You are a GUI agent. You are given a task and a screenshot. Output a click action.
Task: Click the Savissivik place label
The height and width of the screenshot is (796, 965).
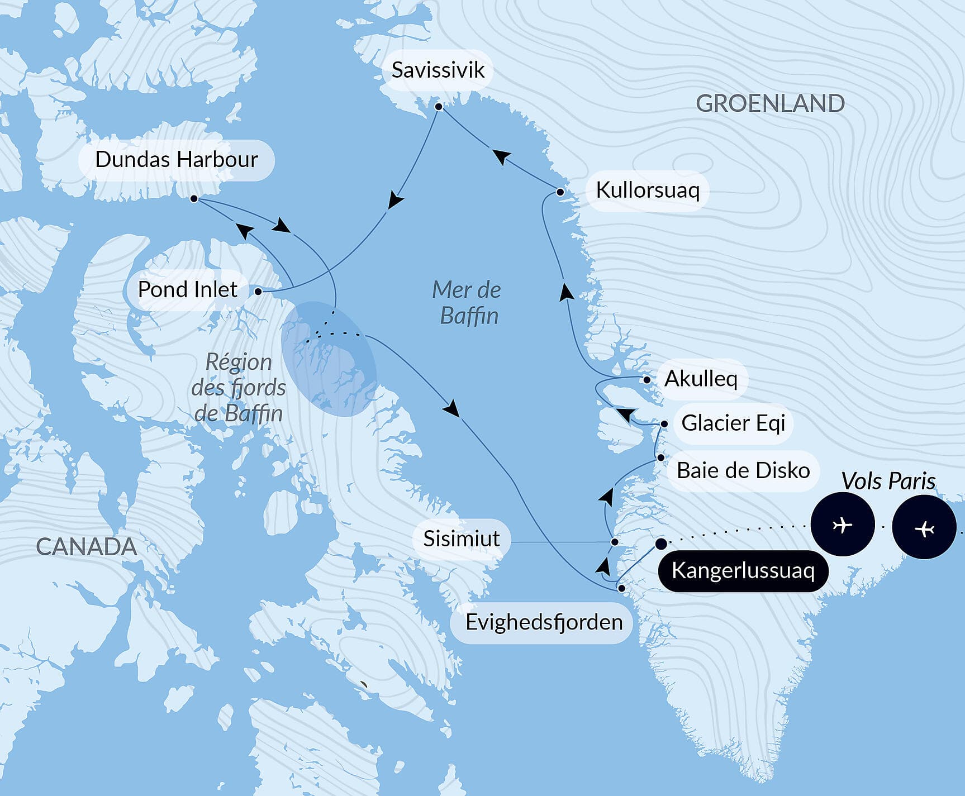pyautogui.click(x=438, y=70)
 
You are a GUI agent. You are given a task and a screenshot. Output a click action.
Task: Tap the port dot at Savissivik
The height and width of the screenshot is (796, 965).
pyautogui.click(x=439, y=107)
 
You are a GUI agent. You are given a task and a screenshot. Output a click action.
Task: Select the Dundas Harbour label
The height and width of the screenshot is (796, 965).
pyautogui.click(x=177, y=160)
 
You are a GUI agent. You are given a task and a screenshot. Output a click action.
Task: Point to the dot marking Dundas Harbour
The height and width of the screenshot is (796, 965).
pyautogui.click(x=194, y=198)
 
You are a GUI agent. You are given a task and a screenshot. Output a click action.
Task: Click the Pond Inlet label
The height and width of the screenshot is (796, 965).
pyautogui.click(x=188, y=290)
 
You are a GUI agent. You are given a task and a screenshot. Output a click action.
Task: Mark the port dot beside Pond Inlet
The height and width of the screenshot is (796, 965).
pyautogui.click(x=258, y=291)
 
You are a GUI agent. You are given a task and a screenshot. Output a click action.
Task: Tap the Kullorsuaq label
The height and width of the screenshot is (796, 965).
pyautogui.click(x=648, y=190)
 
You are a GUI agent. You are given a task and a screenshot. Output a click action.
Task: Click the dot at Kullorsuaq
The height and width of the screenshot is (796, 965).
pyautogui.click(x=560, y=192)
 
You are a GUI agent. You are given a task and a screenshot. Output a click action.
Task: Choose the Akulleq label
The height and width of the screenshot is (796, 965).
pyautogui.click(x=701, y=379)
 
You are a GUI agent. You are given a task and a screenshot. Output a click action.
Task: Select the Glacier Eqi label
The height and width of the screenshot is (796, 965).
pyautogui.click(x=733, y=423)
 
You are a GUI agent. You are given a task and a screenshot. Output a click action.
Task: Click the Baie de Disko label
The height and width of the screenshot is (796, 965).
pyautogui.click(x=743, y=471)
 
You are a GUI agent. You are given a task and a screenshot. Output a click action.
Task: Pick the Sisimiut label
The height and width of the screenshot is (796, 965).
pyautogui.click(x=462, y=539)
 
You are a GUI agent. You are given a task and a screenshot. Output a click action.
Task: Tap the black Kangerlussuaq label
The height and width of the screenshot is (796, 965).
pyautogui.click(x=743, y=571)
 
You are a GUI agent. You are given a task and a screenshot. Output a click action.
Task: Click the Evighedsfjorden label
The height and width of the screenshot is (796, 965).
pyautogui.click(x=544, y=622)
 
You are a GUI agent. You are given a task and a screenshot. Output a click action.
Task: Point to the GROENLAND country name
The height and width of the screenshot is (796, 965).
pyautogui.click(x=770, y=104)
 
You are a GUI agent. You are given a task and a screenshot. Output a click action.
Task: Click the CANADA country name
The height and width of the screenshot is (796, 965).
pyautogui.click(x=87, y=547)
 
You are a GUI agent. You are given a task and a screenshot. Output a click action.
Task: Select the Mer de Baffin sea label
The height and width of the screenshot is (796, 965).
pyautogui.click(x=467, y=303)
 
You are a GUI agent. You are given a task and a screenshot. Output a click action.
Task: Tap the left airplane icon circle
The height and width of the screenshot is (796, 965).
pyautogui.click(x=842, y=525)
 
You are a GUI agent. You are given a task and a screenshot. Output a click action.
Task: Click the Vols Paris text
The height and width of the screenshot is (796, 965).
pyautogui.click(x=888, y=481)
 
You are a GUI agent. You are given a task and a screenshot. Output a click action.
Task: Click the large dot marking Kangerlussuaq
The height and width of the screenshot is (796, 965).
pyautogui.click(x=661, y=544)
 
